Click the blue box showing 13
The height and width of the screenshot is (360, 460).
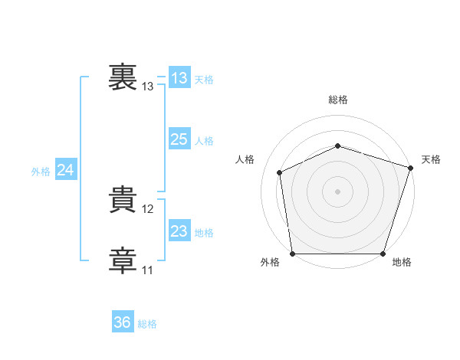point(179,78)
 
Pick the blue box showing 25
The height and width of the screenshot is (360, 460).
point(179,139)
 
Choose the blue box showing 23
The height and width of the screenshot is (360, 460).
point(179,231)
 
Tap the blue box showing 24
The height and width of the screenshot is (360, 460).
point(66,170)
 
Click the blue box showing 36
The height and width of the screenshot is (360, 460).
point(123,322)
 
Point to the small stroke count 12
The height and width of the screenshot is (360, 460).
point(148,209)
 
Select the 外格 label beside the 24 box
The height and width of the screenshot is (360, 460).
point(41,172)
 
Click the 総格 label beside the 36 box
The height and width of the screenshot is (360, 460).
point(147,324)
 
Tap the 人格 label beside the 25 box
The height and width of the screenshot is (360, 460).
point(204,141)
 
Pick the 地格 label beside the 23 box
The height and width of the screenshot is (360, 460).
point(204,233)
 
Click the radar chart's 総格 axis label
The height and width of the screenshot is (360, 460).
point(338,100)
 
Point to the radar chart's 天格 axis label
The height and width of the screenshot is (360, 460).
point(432,159)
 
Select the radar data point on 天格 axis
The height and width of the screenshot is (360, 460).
point(410,167)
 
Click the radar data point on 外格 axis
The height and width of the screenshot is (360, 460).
point(293,254)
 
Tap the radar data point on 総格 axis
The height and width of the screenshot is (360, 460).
point(337,145)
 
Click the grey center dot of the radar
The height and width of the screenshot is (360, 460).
point(337,191)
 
